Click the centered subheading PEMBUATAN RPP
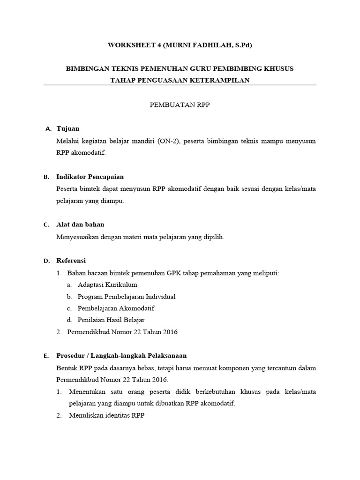(x=180, y=105)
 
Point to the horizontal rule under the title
(x=180, y=85)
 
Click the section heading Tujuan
(x=68, y=128)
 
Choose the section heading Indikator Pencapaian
(x=90, y=177)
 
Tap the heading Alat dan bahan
(x=80, y=225)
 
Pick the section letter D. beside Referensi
(x=46, y=261)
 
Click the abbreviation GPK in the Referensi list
(x=178, y=273)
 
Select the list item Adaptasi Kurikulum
(x=107, y=285)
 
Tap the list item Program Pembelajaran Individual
(x=127, y=297)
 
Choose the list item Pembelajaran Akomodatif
(x=116, y=308)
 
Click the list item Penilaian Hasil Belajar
(x=111, y=320)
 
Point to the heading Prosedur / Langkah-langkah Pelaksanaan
(x=121, y=356)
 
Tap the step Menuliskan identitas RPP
(x=107, y=415)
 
